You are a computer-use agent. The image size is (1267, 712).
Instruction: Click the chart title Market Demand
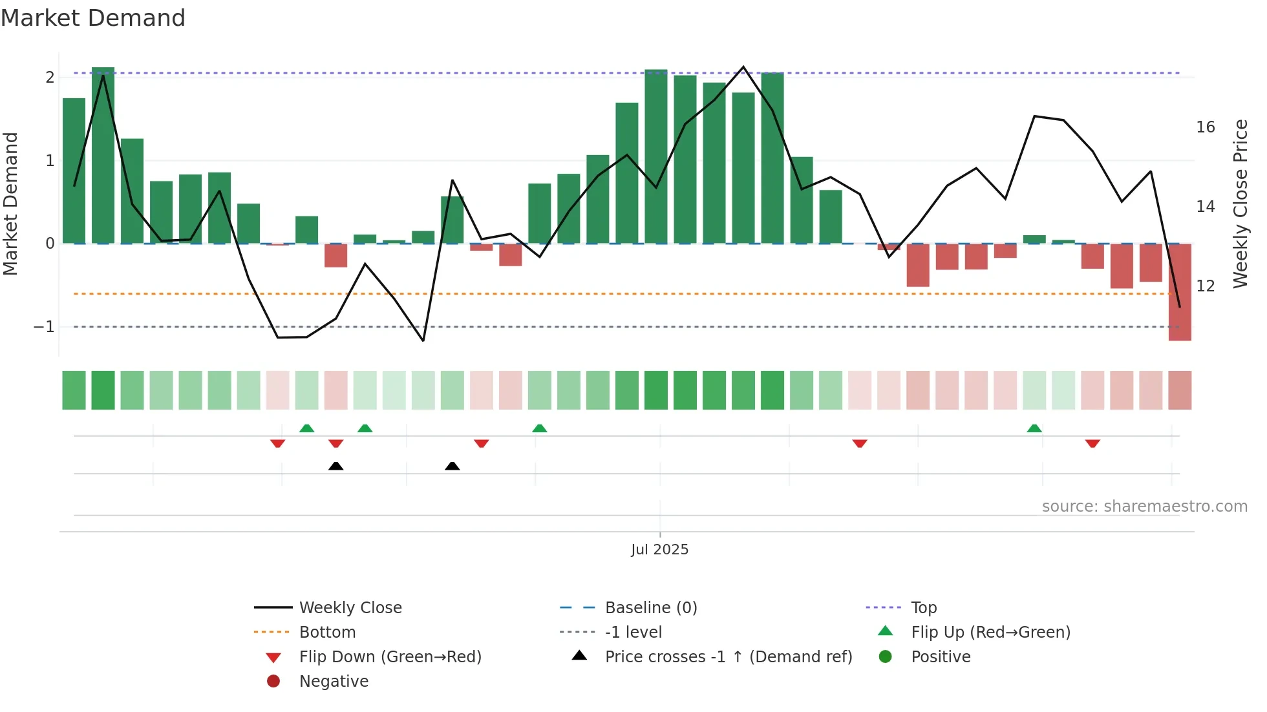pos(93,18)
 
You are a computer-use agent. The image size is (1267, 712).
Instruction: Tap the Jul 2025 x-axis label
pos(659,550)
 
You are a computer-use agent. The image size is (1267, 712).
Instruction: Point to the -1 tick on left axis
pos(45,327)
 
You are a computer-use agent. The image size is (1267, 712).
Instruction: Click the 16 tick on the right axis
pos(1205,127)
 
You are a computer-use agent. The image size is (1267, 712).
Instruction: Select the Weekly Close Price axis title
pos(1240,204)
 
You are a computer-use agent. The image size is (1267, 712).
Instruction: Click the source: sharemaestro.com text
pos(1144,507)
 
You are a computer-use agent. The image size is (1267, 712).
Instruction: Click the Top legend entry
pos(923,608)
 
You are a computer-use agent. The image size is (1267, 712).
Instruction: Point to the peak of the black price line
pos(743,67)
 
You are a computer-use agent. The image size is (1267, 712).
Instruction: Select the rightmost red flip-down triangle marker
pos(1092,443)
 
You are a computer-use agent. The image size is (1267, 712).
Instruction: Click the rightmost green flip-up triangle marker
pos(1034,428)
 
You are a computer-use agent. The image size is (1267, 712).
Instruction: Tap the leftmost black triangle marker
pos(335,466)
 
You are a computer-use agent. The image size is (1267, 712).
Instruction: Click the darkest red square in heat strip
pos(1180,390)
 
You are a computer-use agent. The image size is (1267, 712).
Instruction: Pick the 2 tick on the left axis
pos(50,78)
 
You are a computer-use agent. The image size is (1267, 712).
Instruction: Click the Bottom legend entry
pos(327,633)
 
